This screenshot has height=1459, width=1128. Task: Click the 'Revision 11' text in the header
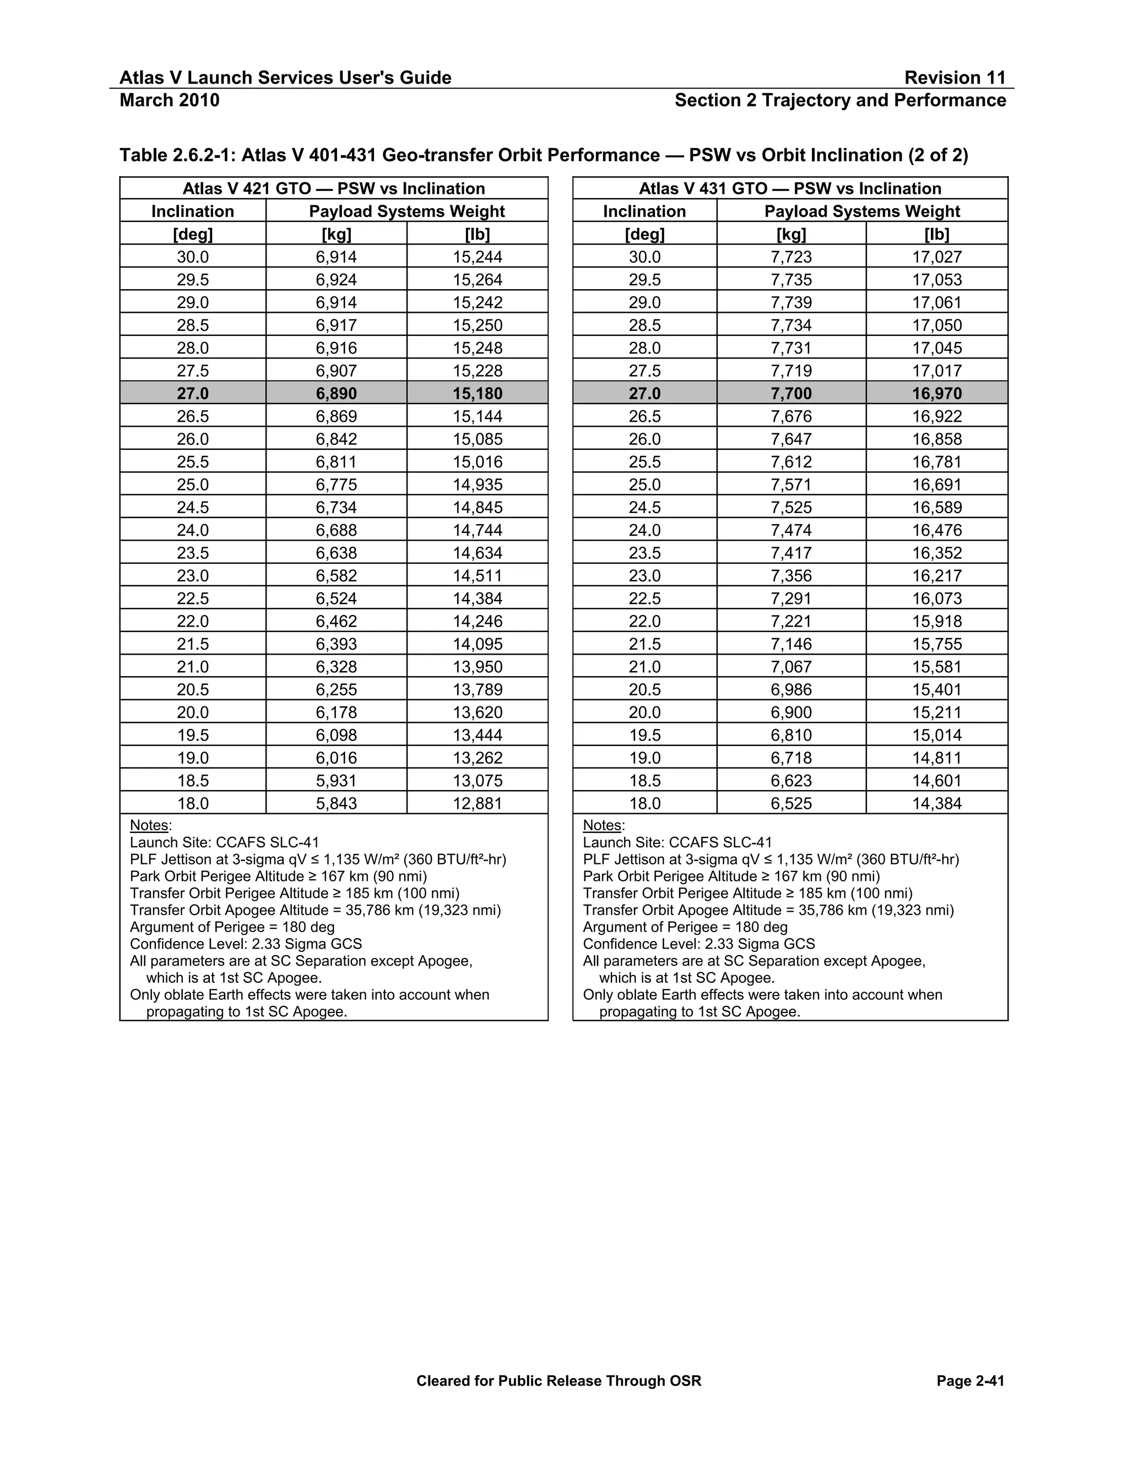tap(955, 78)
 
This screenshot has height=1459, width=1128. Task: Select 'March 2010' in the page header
tap(169, 100)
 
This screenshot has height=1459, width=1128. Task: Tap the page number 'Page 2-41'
tap(970, 1381)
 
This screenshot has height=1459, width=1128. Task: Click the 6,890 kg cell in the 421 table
tap(336, 394)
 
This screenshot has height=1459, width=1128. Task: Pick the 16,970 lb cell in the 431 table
tap(937, 394)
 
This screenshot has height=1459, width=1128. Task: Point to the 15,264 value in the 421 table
tap(477, 280)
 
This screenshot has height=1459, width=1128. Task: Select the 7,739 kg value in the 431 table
tap(791, 303)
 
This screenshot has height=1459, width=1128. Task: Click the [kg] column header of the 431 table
tap(791, 235)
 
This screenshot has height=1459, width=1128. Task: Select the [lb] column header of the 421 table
tap(477, 235)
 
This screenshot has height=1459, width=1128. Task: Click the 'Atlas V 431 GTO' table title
tap(790, 188)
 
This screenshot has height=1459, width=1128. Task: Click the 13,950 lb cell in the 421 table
tap(477, 667)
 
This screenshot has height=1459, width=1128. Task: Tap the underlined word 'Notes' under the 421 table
tap(149, 825)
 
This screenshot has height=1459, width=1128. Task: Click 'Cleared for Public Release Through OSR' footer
tap(558, 1381)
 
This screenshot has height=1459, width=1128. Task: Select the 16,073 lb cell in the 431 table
tap(937, 598)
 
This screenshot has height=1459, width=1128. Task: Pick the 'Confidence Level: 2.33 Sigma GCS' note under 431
tap(698, 944)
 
